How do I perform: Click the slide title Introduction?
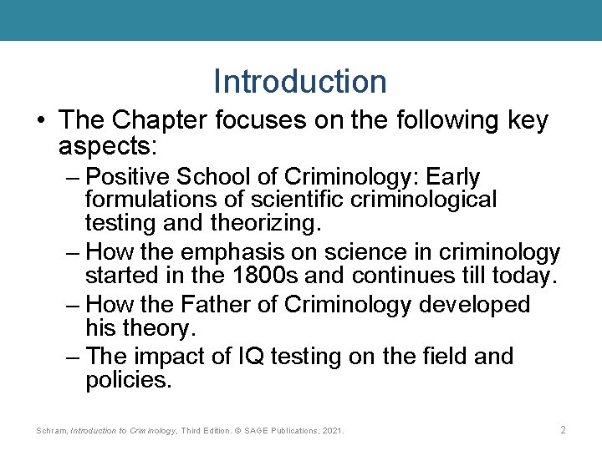300,82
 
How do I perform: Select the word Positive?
128,178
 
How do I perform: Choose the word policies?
128,381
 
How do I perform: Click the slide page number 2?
563,430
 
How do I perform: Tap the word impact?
173,357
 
